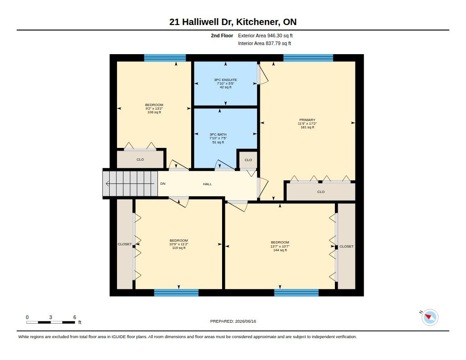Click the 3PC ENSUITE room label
[x=226, y=80]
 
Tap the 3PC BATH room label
[x=218, y=134]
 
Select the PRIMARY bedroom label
[x=307, y=120]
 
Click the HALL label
[x=208, y=184]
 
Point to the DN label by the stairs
[x=163, y=184]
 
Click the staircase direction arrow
[x=131, y=184]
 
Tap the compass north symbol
[x=430, y=317]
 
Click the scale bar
[x=51, y=322]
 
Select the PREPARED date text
[x=233, y=321]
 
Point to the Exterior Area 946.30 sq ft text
[x=265, y=35]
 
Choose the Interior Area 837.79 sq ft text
[x=264, y=43]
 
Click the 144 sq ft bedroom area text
[x=280, y=250]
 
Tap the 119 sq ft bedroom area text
[x=179, y=248]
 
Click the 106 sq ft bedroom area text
[x=154, y=112]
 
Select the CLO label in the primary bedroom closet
[x=321, y=192]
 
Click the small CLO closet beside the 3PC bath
[x=248, y=160]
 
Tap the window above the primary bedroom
[x=308, y=58]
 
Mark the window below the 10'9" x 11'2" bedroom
[x=176, y=293]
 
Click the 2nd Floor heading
[x=222, y=35]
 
